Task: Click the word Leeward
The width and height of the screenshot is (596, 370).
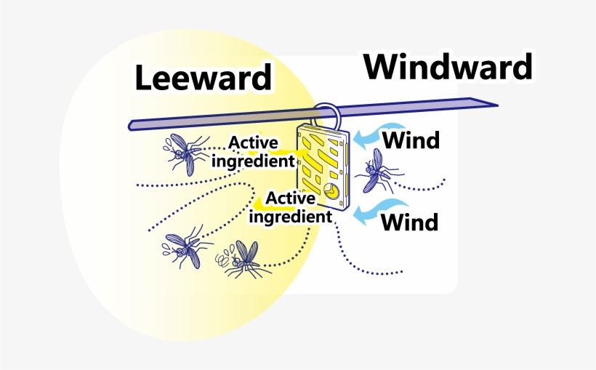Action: coord(204,79)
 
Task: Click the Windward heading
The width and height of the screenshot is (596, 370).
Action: coord(448,68)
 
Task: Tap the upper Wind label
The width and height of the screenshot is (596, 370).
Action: coord(411,139)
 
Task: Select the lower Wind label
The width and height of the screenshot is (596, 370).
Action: coord(410,221)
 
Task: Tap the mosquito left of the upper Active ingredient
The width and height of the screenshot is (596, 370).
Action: coord(185,153)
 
